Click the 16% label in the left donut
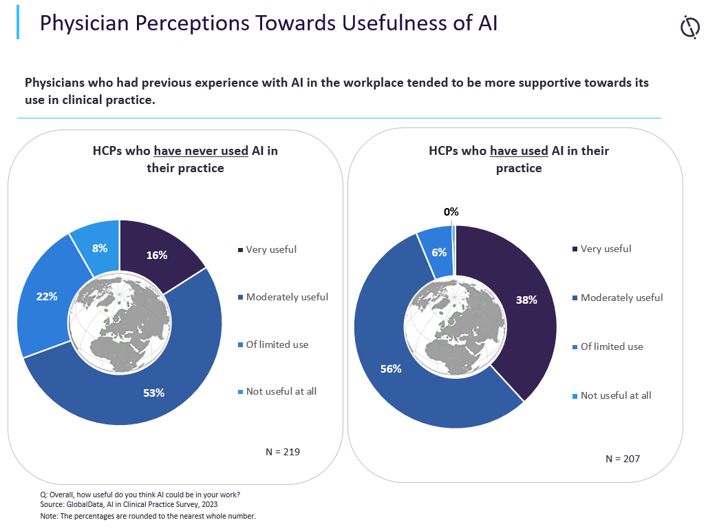pos(156,255)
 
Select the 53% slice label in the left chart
pos(154,393)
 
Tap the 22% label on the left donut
pos(47,296)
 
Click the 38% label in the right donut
pos(526,300)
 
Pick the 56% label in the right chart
pos(391,369)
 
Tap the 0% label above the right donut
pos(451,212)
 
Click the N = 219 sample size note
pos(283,452)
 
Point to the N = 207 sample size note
pos(623,459)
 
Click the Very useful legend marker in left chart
pos(240,249)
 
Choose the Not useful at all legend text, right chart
pos(616,395)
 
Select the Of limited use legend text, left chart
pos(277,344)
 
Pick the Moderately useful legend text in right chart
pos(621,298)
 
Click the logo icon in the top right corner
pos(689,28)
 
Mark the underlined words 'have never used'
pos(201,151)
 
